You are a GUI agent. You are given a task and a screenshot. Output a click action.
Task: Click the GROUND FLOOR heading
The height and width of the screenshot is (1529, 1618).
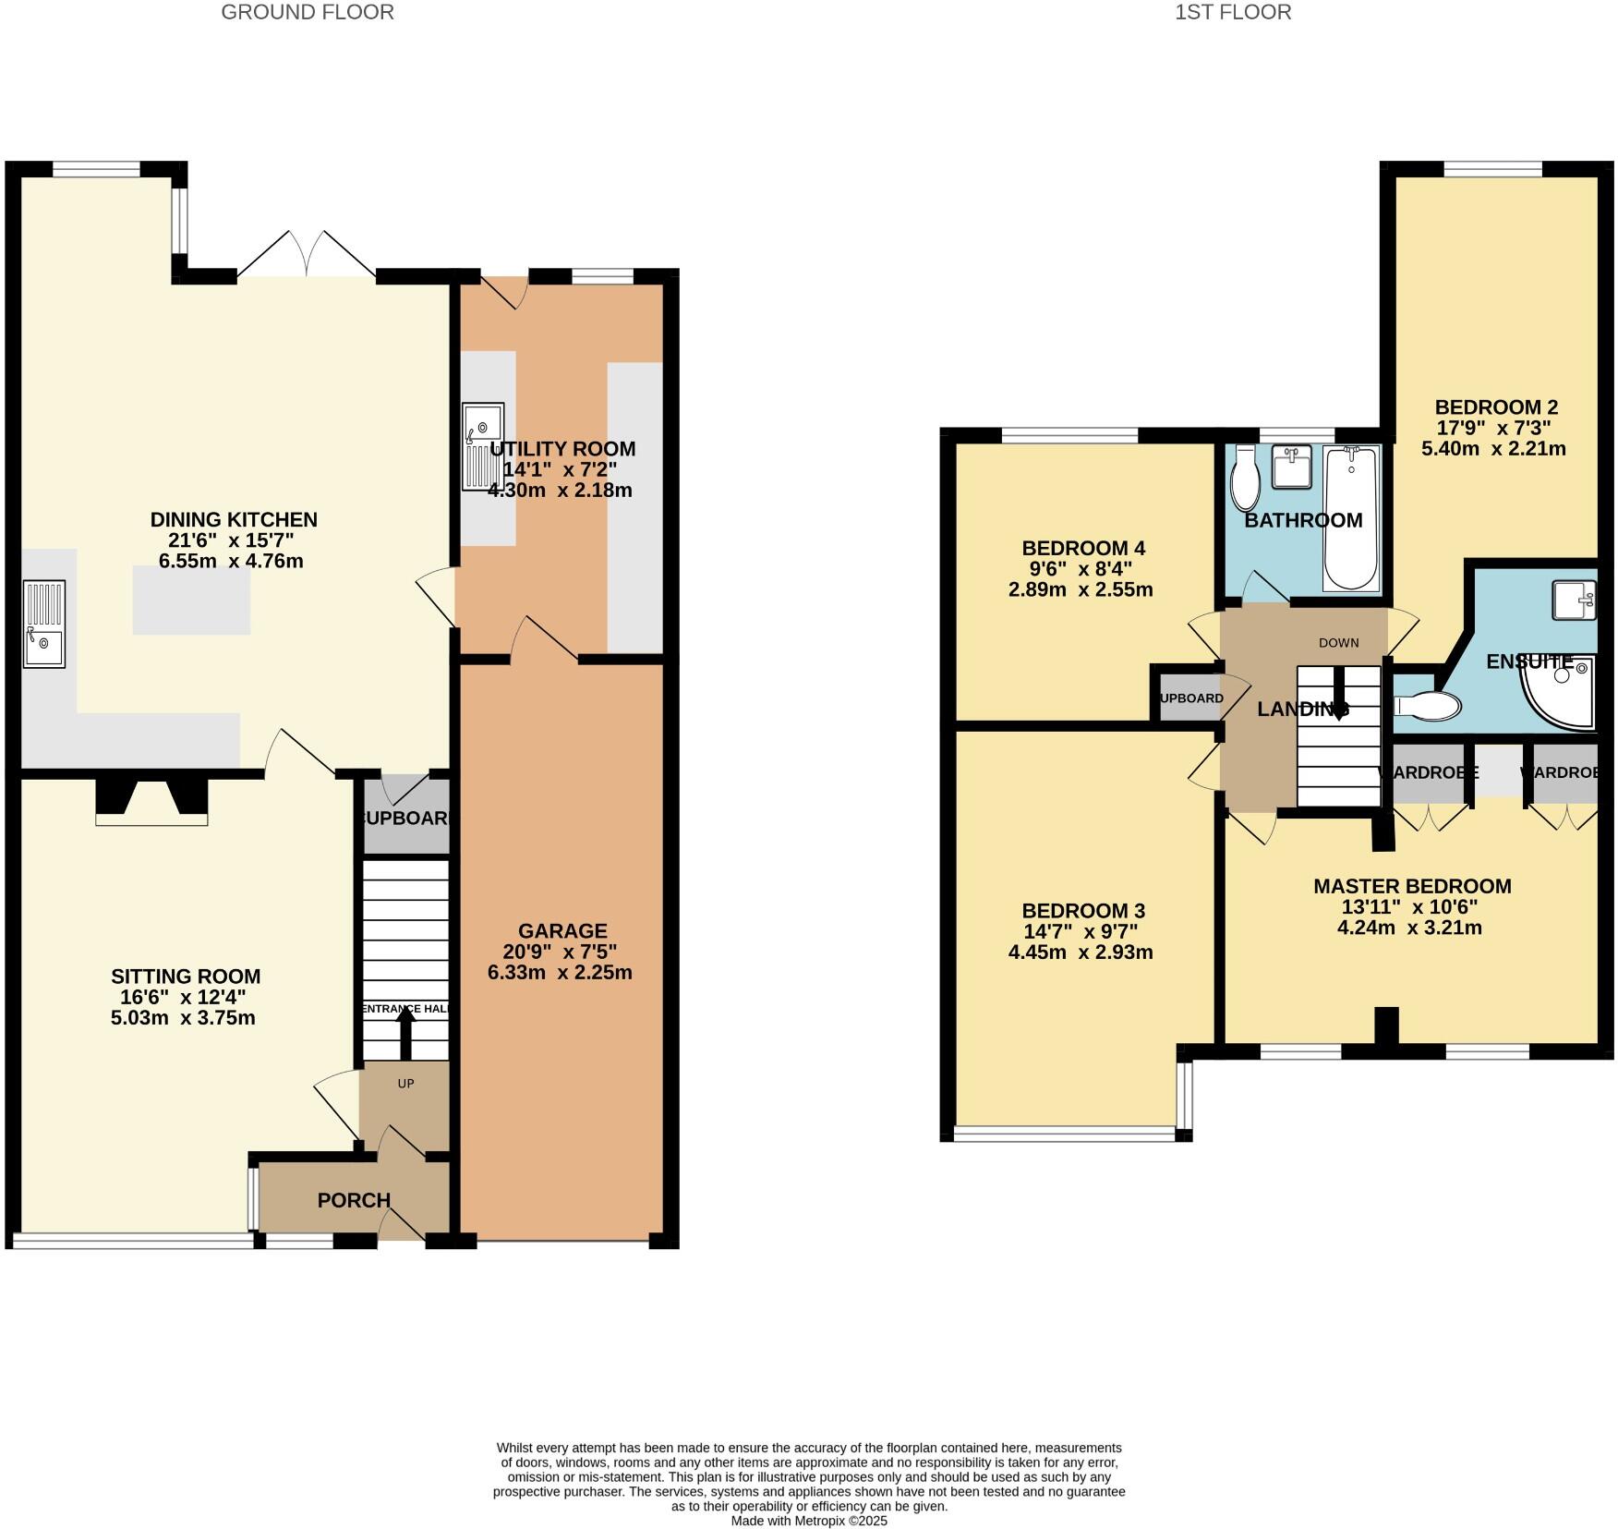pyautogui.click(x=307, y=12)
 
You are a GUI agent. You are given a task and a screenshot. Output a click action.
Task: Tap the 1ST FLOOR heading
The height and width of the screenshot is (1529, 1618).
pyautogui.click(x=1232, y=12)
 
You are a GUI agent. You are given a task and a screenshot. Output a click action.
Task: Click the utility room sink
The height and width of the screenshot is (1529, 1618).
pyautogui.click(x=483, y=446)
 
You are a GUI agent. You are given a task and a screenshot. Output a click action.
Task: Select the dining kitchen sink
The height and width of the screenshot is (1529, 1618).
pyautogui.click(x=44, y=624)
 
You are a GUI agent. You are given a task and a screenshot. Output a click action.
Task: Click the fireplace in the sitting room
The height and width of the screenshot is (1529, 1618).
pyautogui.click(x=151, y=802)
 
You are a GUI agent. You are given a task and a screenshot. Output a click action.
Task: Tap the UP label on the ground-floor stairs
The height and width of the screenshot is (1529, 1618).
pyautogui.click(x=405, y=1084)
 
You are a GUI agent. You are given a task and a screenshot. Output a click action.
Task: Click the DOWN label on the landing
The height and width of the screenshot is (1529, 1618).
pyautogui.click(x=1338, y=643)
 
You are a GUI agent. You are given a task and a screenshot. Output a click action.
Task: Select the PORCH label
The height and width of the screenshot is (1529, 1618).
pyautogui.click(x=354, y=1200)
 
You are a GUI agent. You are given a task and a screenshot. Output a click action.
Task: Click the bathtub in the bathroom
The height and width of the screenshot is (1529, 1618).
pyautogui.click(x=1350, y=517)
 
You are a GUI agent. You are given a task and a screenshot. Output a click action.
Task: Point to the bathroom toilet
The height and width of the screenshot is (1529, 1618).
pyautogui.click(x=1245, y=478)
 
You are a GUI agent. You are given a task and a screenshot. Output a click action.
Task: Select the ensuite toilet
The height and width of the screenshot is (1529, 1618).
pyautogui.click(x=1428, y=707)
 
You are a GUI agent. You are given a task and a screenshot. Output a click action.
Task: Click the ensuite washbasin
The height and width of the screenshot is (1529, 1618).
pyautogui.click(x=1573, y=600)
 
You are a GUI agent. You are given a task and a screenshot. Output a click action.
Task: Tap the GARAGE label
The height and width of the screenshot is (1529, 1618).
pyautogui.click(x=561, y=930)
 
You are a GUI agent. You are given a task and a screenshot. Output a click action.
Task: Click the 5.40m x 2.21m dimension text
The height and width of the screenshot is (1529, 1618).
pyautogui.click(x=1493, y=449)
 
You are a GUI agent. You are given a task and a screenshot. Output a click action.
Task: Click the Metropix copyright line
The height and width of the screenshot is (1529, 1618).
pyautogui.click(x=808, y=1521)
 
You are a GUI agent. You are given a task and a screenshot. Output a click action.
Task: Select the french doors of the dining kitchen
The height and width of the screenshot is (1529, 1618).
pyautogui.click(x=307, y=254)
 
